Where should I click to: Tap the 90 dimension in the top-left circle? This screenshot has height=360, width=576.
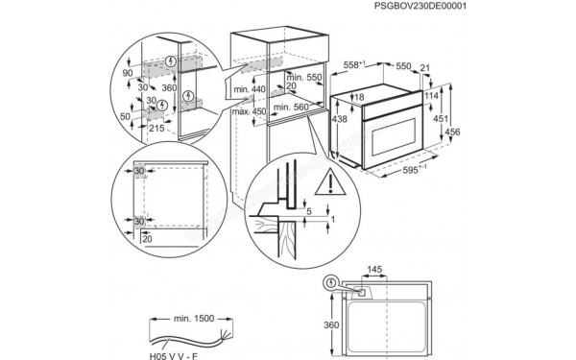pos(128,72)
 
